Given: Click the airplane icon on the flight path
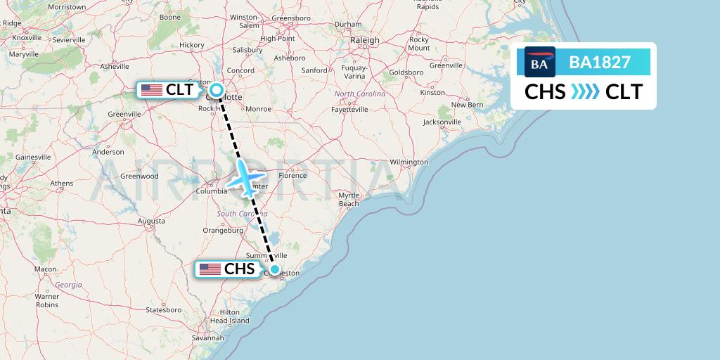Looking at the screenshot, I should [x=246, y=178].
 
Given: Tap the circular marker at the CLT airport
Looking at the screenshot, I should [x=217, y=90].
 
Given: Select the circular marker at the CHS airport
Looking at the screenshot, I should [x=275, y=269].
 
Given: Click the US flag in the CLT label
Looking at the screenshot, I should [x=151, y=90].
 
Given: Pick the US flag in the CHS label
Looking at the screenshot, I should [x=210, y=269].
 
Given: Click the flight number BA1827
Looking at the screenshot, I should [x=600, y=62].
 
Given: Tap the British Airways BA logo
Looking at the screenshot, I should [x=539, y=63].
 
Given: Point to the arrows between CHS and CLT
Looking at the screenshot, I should [x=585, y=92].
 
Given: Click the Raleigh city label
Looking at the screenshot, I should [x=365, y=41].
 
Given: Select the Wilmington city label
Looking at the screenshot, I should [x=408, y=162].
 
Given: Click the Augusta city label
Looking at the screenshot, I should [x=151, y=221].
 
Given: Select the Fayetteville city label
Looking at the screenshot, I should [x=349, y=110].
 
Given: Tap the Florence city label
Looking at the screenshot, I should [x=292, y=175].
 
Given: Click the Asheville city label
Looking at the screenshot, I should [x=115, y=67].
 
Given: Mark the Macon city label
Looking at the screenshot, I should [x=45, y=269].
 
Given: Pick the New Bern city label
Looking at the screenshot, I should [x=468, y=105].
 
